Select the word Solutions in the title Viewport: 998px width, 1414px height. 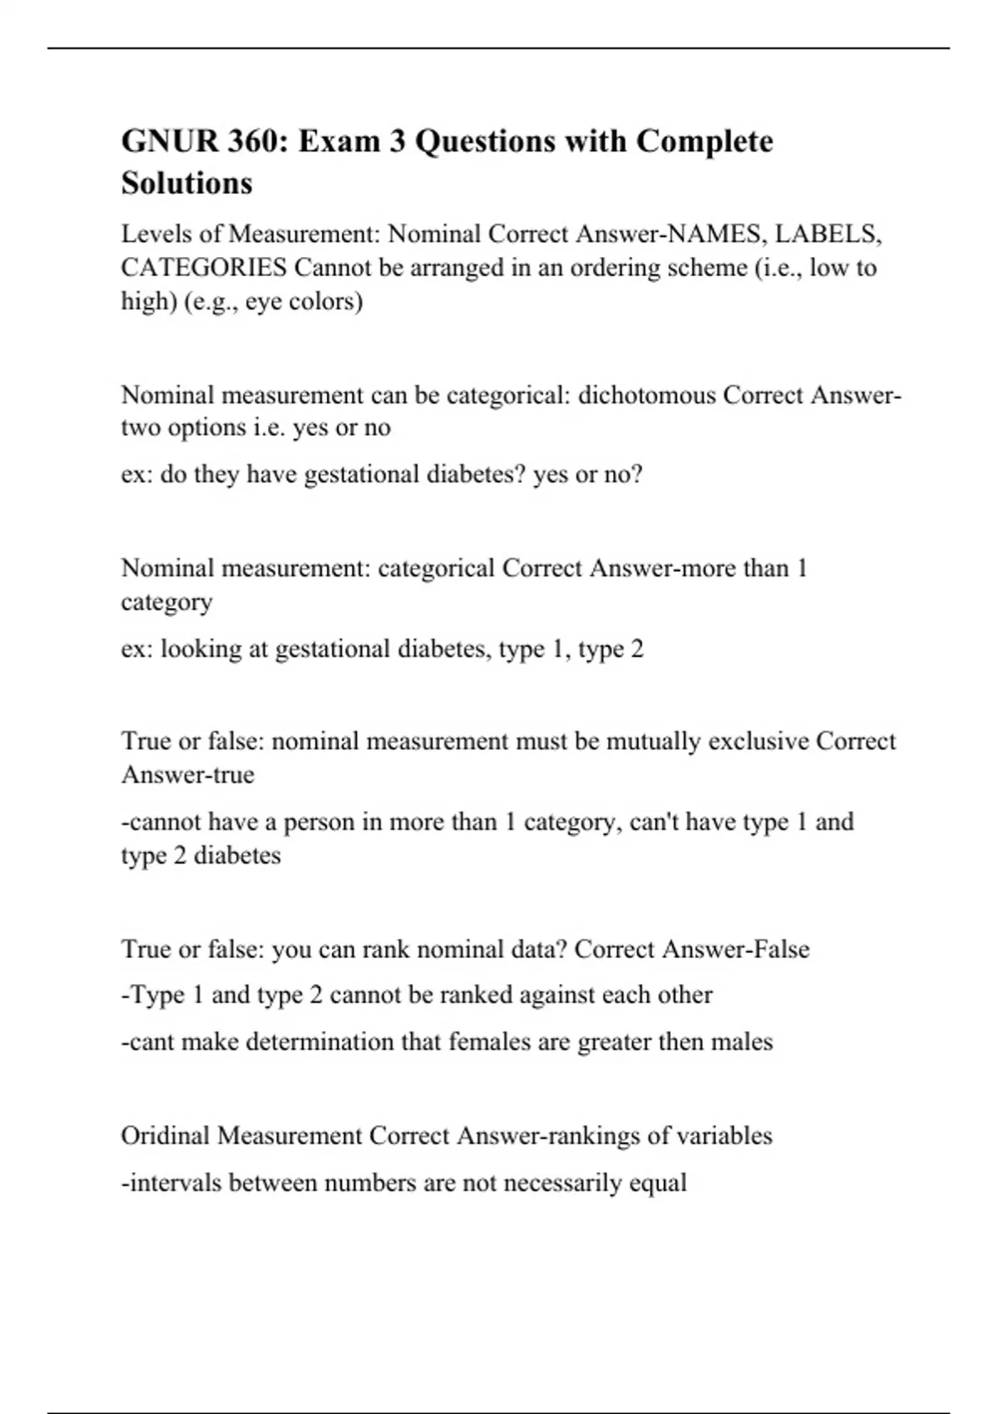tap(186, 183)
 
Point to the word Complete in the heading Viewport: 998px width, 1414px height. tap(704, 141)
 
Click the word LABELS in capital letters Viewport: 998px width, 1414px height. tap(827, 235)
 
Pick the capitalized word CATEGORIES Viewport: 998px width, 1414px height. tap(204, 268)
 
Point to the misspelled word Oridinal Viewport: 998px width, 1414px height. tap(166, 1135)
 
